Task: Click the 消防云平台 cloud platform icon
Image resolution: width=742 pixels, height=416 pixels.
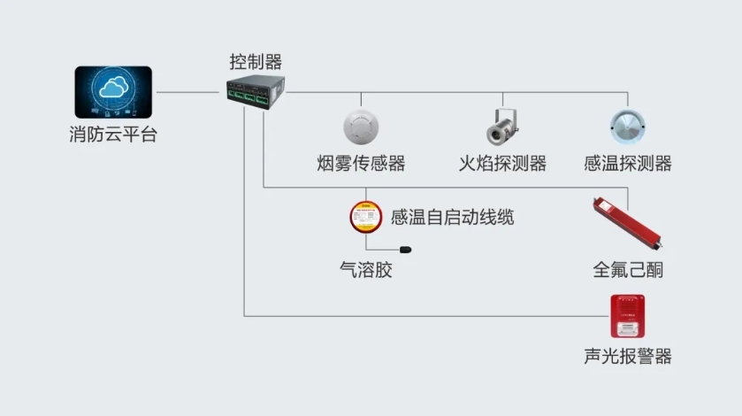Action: [x=113, y=92]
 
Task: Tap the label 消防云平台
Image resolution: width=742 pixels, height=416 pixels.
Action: [x=113, y=136]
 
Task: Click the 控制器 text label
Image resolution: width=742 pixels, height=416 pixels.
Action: [x=256, y=62]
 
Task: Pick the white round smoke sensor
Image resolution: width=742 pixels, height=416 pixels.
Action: [x=361, y=126]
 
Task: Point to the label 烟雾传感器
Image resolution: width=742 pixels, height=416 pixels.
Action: [x=361, y=164]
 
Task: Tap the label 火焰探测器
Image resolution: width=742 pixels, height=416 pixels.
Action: [x=502, y=164]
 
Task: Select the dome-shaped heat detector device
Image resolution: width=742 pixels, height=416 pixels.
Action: [x=629, y=126]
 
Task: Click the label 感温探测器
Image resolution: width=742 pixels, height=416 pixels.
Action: [x=629, y=164]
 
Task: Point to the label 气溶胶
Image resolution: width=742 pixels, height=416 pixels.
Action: [x=365, y=270]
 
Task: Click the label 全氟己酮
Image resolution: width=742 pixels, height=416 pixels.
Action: [x=628, y=270]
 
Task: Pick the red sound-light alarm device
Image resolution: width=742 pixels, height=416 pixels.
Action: [x=628, y=317]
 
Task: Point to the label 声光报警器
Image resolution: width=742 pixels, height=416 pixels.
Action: [x=628, y=357]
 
